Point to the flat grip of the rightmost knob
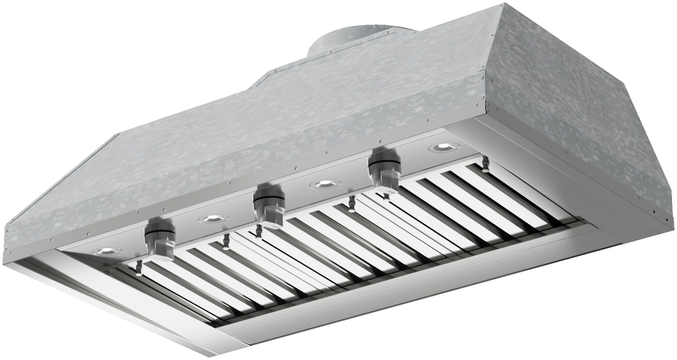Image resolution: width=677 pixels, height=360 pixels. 391,178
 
